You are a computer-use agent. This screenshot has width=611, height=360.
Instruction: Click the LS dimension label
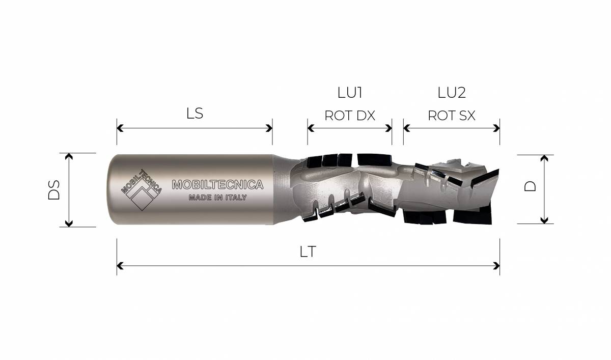click(x=195, y=114)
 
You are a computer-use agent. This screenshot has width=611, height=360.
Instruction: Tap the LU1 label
click(x=350, y=93)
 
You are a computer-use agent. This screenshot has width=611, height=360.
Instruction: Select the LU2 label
click(x=452, y=93)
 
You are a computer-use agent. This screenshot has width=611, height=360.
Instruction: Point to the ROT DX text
click(x=350, y=116)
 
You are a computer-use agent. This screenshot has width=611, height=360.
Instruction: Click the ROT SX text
click(x=452, y=116)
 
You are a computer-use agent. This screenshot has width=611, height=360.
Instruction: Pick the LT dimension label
click(x=308, y=252)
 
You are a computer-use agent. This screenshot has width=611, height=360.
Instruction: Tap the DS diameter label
click(x=54, y=190)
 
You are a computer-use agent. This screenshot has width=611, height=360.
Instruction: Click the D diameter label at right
click(x=530, y=186)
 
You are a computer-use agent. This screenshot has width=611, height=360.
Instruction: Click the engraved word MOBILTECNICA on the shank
click(x=218, y=185)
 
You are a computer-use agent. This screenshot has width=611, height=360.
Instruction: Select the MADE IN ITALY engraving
click(x=218, y=198)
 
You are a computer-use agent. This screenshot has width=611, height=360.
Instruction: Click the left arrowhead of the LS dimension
click(x=120, y=128)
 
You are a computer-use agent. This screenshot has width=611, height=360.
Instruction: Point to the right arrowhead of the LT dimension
click(x=497, y=266)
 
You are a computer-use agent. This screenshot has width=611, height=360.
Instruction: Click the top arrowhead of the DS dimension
click(x=69, y=156)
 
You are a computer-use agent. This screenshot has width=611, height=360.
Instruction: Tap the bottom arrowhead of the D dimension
click(x=544, y=220)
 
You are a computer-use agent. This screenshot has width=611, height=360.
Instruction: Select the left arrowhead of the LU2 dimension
click(x=406, y=128)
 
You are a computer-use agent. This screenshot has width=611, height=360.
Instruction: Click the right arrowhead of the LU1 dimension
click(x=388, y=128)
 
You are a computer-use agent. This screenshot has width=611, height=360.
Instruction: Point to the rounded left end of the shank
click(x=109, y=189)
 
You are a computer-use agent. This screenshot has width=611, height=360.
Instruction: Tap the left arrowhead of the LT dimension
click(x=120, y=266)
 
